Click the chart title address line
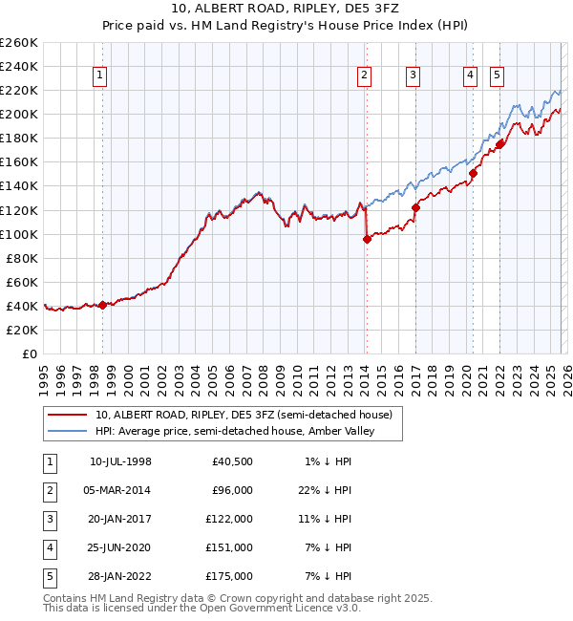(x=286, y=9)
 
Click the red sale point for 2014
(x=367, y=239)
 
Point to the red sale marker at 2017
(x=415, y=207)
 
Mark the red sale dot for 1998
(x=102, y=305)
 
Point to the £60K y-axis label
(x=22, y=282)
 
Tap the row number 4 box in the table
(x=49, y=548)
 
